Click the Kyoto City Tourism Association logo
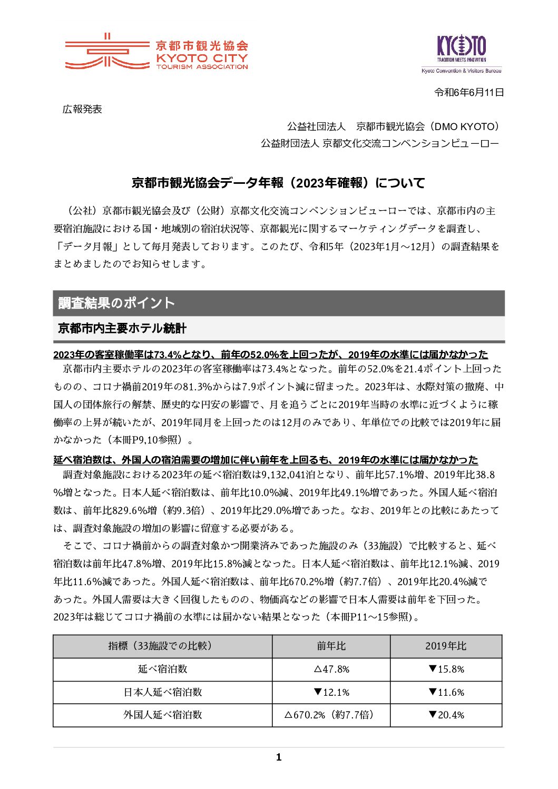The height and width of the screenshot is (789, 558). tap(156, 52)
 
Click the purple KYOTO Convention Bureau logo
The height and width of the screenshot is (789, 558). tap(462, 53)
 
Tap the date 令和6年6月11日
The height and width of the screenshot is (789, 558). tap(469, 93)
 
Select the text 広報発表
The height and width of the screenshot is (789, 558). tap(82, 110)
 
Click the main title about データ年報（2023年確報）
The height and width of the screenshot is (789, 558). tap(278, 183)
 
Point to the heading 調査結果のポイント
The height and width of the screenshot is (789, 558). tap(116, 303)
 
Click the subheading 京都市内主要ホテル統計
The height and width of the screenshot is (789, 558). tap(122, 328)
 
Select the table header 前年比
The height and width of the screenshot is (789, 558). tap(331, 646)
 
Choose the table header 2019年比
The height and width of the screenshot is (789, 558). tap(446, 646)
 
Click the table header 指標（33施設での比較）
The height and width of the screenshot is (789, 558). tap(162, 646)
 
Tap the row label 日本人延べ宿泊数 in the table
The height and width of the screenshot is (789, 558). tap(162, 692)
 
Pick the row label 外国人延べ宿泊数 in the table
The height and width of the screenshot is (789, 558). tap(162, 715)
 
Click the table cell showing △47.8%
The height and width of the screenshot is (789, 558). tap(331, 669)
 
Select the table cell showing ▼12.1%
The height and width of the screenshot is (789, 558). tap(331, 692)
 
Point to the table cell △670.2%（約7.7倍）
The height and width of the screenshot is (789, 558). tap(331, 715)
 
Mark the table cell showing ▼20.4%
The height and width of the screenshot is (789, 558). tap(446, 715)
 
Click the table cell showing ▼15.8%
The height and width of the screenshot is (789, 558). tap(446, 669)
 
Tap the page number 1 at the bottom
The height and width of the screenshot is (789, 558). tap(279, 757)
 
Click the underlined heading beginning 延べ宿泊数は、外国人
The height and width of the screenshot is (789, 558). tap(266, 460)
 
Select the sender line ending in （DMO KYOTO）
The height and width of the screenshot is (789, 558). tap(393, 126)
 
